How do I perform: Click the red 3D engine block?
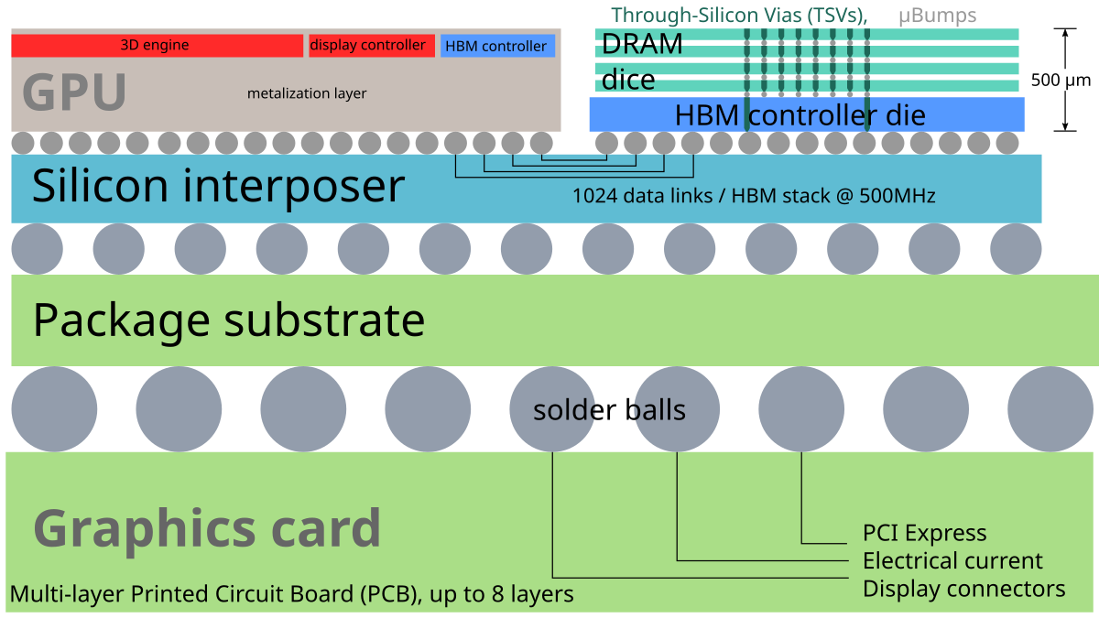click(x=156, y=45)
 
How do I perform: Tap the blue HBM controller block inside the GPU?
click(x=496, y=46)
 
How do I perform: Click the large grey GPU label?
click(x=73, y=92)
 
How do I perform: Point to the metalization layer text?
click(x=307, y=93)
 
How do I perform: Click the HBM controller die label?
click(x=800, y=115)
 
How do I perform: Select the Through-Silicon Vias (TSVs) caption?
click(x=738, y=16)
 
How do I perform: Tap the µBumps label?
click(x=937, y=16)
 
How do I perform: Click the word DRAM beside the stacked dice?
click(x=642, y=45)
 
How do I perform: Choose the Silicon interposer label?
click(x=218, y=187)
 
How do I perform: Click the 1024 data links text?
click(x=753, y=196)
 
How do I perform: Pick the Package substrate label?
click(x=229, y=320)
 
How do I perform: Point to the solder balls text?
click(x=609, y=410)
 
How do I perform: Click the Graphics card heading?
click(x=207, y=528)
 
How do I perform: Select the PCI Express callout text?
click(x=924, y=533)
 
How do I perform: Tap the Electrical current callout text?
click(x=952, y=560)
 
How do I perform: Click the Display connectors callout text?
click(x=963, y=588)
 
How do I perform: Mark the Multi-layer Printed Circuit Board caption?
click(x=291, y=594)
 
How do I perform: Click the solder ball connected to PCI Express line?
click(x=801, y=408)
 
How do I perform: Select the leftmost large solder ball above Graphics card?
click(x=54, y=408)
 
